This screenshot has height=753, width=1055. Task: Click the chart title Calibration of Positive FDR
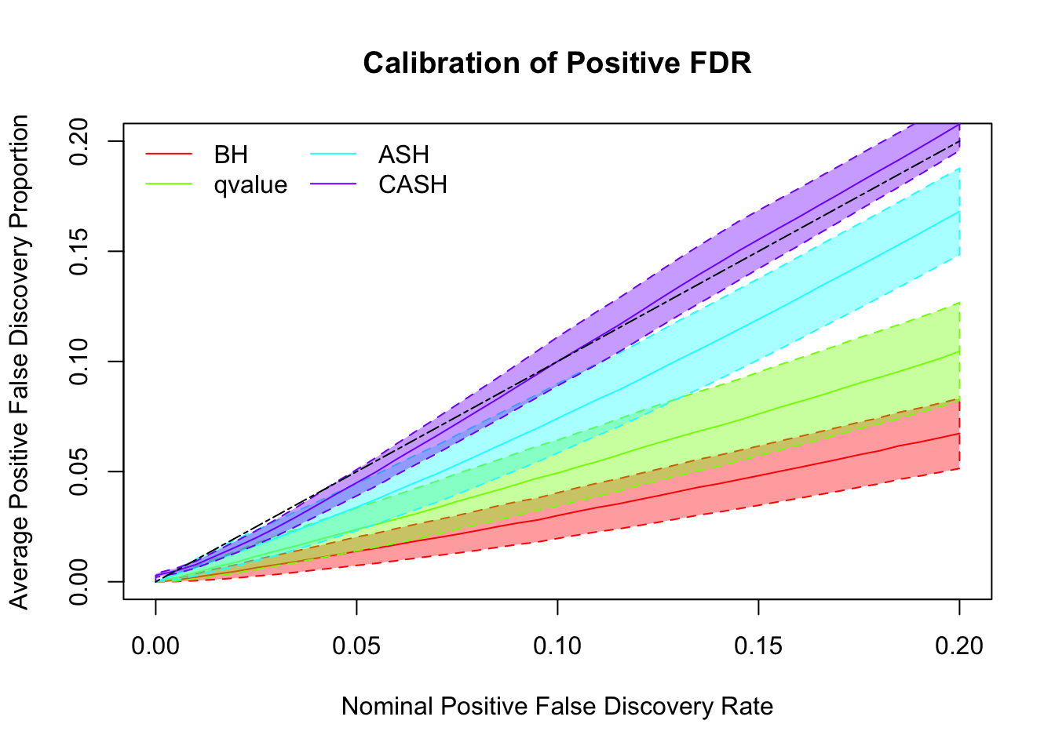[x=557, y=63]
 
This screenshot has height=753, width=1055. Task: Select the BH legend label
[x=231, y=155]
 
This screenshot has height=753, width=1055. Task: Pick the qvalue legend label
[x=250, y=185]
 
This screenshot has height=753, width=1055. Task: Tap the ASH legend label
[x=403, y=155]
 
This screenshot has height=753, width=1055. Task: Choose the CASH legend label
[x=413, y=185]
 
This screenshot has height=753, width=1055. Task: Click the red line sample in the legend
[x=169, y=155]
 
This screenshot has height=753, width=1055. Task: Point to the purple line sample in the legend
[x=334, y=185]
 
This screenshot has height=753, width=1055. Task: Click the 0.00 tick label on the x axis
[x=155, y=646]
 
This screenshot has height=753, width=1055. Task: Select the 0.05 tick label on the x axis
[x=356, y=646]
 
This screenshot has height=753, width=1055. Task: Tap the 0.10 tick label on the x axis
[x=557, y=646]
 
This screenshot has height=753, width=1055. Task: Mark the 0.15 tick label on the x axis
[x=758, y=646]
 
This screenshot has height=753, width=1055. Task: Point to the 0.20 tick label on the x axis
[x=959, y=646]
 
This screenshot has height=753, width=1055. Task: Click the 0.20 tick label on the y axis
[x=80, y=141]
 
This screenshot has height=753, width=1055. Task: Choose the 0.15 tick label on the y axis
[x=80, y=252]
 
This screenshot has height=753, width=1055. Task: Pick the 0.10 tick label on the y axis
[x=80, y=362]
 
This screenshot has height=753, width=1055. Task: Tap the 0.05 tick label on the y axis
[x=80, y=472]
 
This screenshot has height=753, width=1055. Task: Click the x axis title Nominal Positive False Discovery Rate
[x=557, y=707]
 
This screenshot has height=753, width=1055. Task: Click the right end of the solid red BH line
[x=959, y=433]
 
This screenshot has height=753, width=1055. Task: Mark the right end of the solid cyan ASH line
[x=959, y=211]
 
